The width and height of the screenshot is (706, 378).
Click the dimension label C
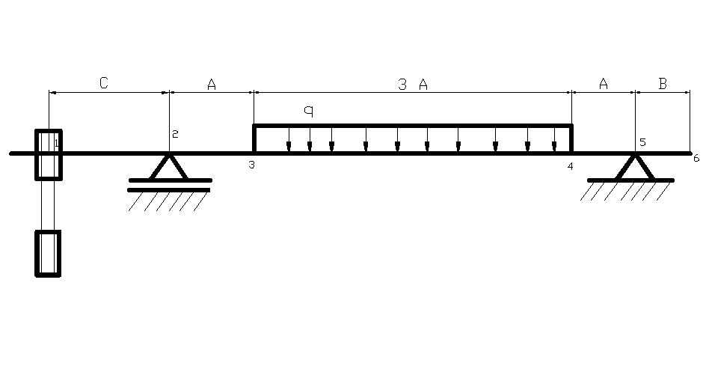point(103,83)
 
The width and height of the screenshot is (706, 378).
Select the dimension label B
point(663,84)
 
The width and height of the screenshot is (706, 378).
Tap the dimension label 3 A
point(413,85)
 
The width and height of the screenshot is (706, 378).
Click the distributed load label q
point(308,111)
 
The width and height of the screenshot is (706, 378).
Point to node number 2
point(175,134)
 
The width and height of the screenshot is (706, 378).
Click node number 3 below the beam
point(252,165)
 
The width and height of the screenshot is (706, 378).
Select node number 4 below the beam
point(570,166)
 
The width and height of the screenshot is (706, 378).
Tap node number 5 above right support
point(642,142)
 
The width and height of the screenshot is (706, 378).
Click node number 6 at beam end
point(696,158)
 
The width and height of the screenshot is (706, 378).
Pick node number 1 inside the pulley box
point(57,143)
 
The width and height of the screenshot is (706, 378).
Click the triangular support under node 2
point(168,167)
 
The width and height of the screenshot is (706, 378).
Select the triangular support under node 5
point(635,167)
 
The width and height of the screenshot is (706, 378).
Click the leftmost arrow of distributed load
point(289,139)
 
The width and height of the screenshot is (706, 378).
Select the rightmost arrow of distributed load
point(554,139)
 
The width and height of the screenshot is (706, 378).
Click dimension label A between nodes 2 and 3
point(212,85)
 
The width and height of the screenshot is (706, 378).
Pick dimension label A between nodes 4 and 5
point(604,84)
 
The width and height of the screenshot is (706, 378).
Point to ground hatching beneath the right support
point(625,191)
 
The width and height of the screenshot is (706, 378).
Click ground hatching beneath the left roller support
point(168,201)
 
